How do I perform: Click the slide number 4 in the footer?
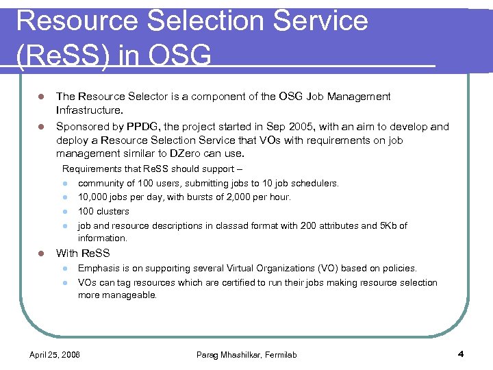coord(460,354)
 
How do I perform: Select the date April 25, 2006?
coord(54,355)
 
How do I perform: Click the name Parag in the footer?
coord(208,355)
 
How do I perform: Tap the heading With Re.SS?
coord(83,253)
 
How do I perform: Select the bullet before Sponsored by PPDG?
coord(40,127)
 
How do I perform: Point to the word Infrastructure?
coord(90,110)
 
